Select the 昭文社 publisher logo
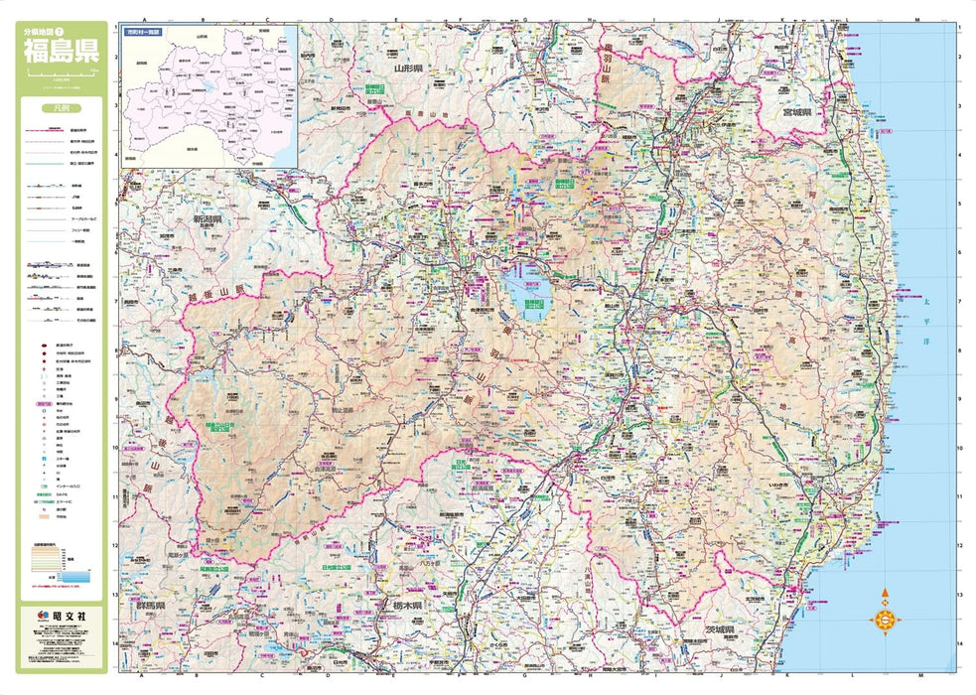(62, 618)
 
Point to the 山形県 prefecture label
(408, 69)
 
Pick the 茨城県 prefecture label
(723, 630)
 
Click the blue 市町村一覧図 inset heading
(143, 33)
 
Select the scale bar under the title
(62, 74)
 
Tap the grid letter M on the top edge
(917, 19)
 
